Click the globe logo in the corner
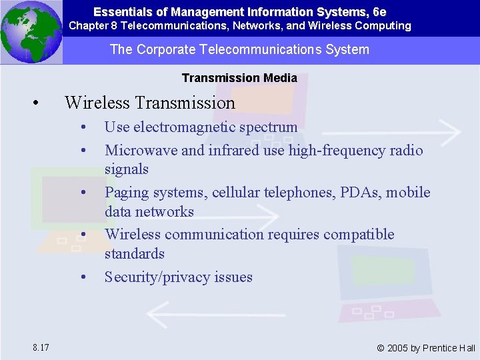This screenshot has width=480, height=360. tap(31, 31)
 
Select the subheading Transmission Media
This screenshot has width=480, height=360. tap(239, 78)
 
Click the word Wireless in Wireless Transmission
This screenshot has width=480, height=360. tap(97, 103)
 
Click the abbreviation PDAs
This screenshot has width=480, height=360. tap(349, 193)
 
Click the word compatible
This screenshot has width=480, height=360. tap(359, 234)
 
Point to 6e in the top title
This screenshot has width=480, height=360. tap(379, 12)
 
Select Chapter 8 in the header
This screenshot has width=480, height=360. tap(93, 26)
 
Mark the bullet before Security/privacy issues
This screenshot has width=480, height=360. tap(83, 277)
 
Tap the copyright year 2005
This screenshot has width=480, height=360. tap(397, 348)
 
